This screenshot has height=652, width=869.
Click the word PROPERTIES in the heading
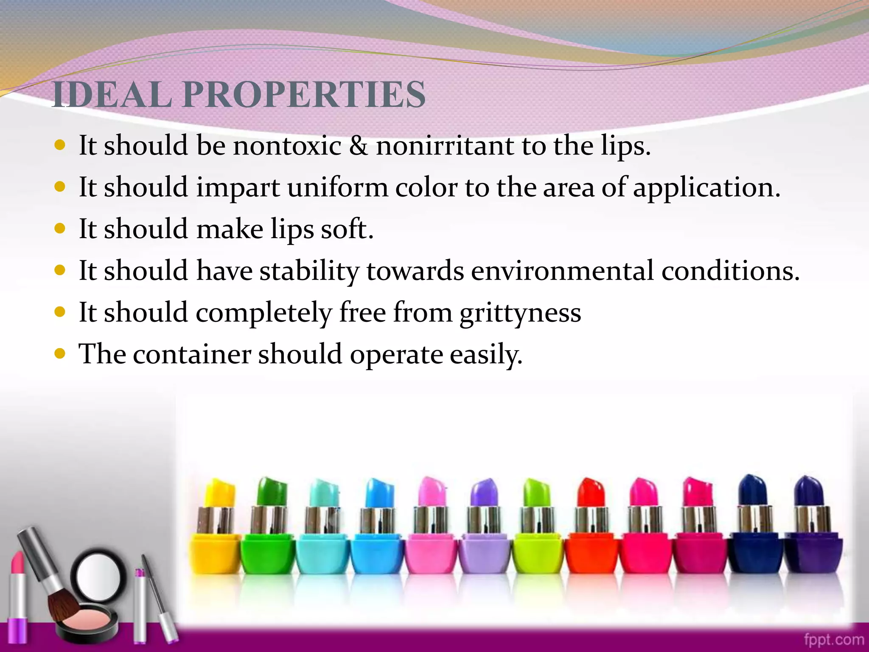304,94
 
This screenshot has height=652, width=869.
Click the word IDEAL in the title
112,94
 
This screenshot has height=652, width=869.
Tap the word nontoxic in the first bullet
287,145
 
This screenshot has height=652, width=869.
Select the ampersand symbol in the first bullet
359,145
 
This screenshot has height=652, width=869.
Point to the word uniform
337,187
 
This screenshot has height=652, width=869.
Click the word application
706,187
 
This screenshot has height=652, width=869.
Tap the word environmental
562,270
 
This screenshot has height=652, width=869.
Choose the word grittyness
520,313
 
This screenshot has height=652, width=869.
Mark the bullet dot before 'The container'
60,353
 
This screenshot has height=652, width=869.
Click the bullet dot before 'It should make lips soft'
60,228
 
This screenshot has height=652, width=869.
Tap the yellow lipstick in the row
216,531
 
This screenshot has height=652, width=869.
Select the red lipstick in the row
591,531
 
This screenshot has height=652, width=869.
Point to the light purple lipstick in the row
485,531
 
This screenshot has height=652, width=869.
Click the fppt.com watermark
833,639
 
